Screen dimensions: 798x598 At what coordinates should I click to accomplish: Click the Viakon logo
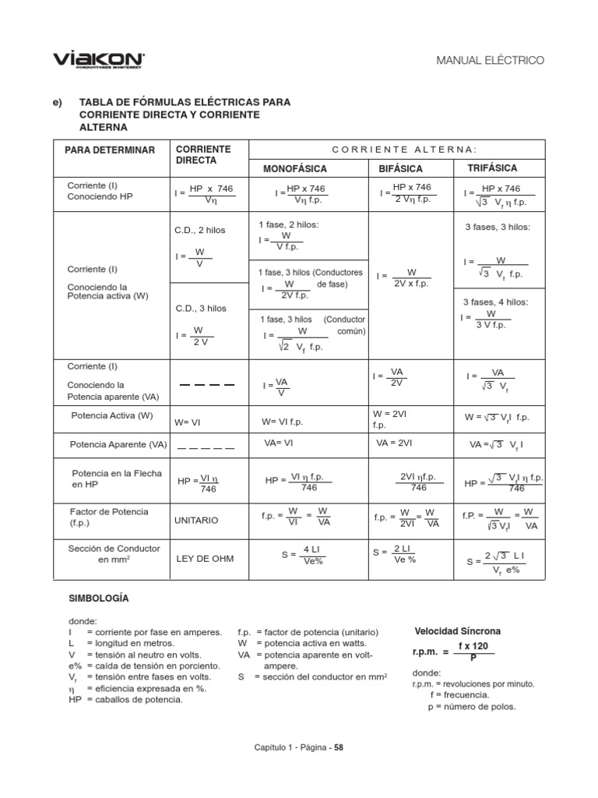coord(98,59)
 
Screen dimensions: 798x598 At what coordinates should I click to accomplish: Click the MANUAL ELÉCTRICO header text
coord(491,60)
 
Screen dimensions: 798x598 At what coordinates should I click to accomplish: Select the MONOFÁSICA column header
coord(295,168)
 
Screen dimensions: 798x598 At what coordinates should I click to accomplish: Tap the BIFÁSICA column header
coord(400,168)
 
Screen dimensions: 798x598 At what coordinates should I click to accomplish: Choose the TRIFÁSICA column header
coord(492,168)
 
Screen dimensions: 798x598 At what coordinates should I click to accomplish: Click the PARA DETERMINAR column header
coord(110,150)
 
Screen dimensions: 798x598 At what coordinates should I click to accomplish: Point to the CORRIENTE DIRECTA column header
coord(203,154)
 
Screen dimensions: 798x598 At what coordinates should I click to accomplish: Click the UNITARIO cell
coord(196,519)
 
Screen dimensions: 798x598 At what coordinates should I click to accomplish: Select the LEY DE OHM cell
coord(204,558)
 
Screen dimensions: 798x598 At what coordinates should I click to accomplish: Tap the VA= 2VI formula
coord(393,442)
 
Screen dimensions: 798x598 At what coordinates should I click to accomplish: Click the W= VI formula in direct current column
coord(188,422)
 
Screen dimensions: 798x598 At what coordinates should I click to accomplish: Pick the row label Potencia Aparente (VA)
coord(118,444)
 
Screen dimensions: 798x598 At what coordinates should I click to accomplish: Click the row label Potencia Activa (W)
coord(112,415)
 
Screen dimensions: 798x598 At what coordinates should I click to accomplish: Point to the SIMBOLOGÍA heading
coord(99,598)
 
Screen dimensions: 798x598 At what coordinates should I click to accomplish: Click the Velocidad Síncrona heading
coord(457,630)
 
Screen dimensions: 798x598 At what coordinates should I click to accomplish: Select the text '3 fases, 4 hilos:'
coord(496,302)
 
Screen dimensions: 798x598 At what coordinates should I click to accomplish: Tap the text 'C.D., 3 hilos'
coord(201,308)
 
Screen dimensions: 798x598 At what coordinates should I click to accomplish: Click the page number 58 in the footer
coord(339,747)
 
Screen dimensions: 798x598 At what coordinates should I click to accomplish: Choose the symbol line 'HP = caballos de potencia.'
coord(125,699)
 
